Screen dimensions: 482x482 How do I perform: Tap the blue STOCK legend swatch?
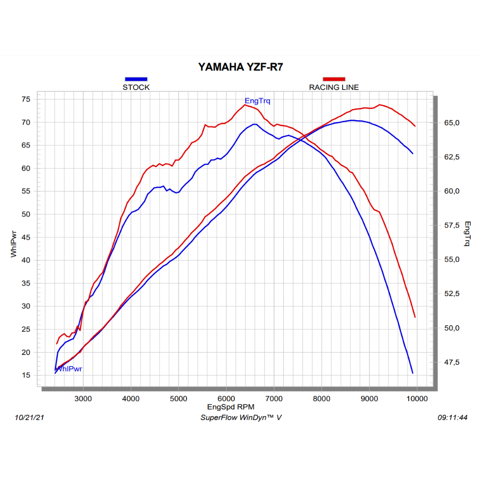click(136, 79)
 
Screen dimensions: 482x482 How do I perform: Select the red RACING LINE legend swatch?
click(334, 79)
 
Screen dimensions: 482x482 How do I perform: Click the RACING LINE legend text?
click(334, 87)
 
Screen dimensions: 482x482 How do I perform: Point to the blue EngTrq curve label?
click(257, 101)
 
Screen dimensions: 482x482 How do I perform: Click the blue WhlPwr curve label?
click(69, 369)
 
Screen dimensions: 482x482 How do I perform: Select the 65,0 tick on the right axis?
click(451, 123)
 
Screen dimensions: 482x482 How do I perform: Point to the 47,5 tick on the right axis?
click(451, 362)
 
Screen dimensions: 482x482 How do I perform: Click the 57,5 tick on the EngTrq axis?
click(451, 225)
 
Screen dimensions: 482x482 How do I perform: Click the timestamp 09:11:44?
click(452, 418)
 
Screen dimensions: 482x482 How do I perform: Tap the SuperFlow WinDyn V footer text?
click(241, 418)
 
